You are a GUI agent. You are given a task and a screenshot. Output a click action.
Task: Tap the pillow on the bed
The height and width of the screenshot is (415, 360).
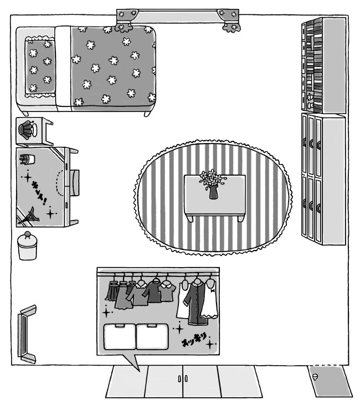[x=40, y=66]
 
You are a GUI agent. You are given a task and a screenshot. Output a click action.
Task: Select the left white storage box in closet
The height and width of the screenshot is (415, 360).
[x=120, y=337]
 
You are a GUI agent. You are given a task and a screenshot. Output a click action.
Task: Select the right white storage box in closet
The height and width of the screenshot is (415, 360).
[x=153, y=337]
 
